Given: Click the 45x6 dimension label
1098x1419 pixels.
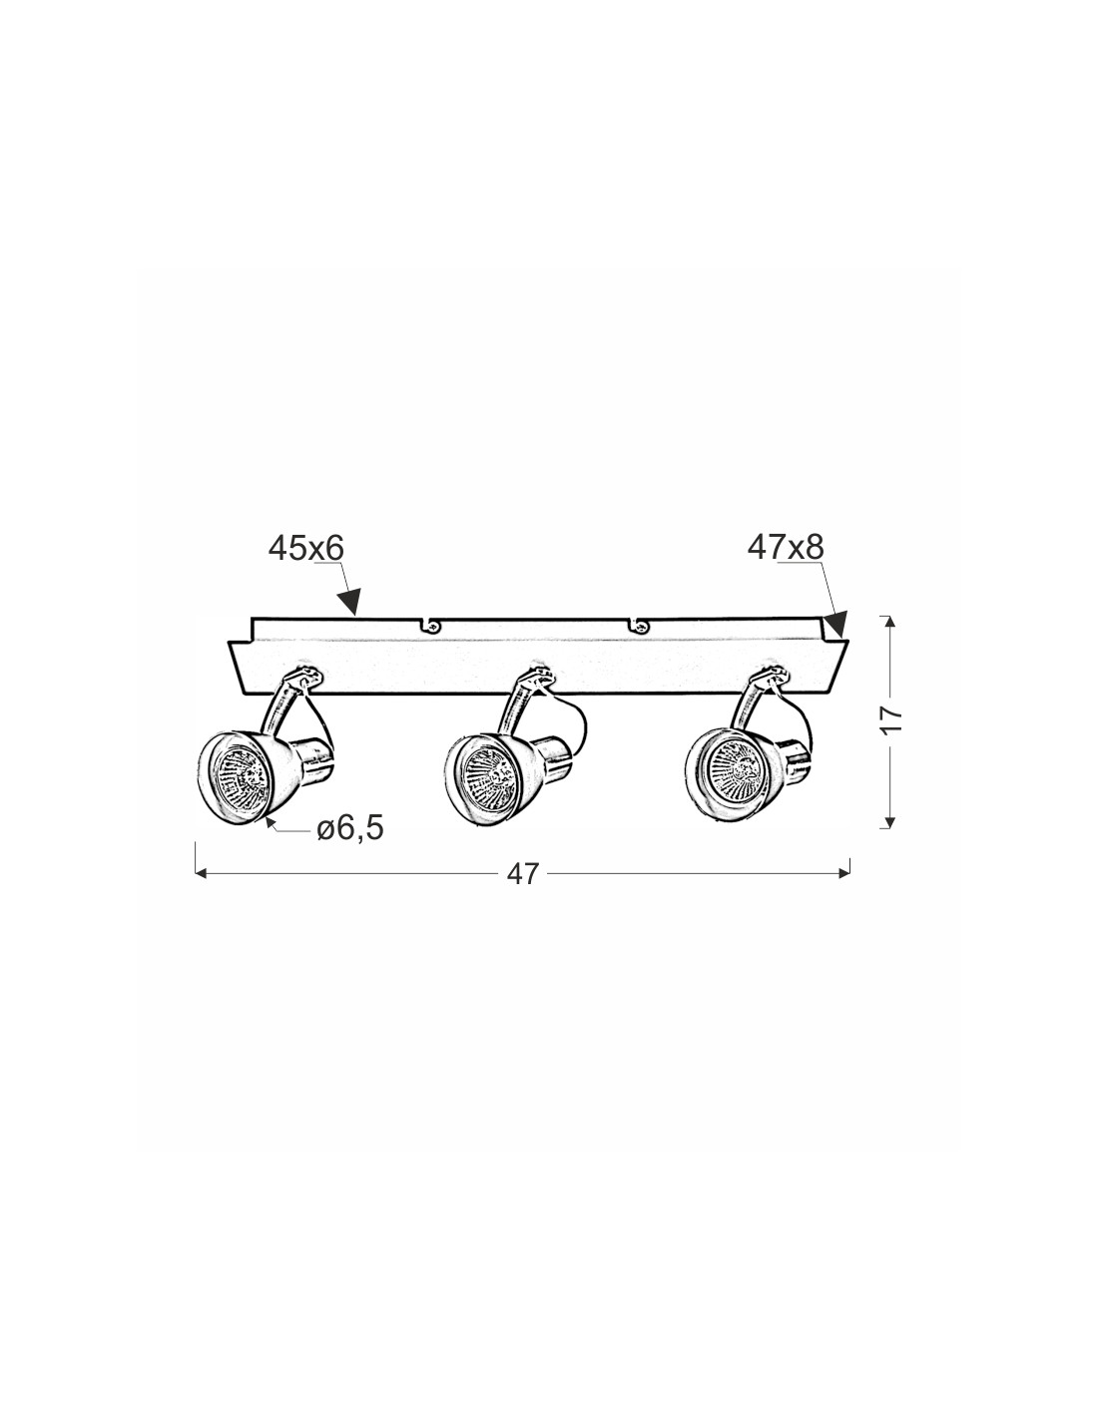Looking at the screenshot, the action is coord(305,549).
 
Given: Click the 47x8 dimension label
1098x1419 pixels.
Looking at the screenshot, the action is coord(786,548).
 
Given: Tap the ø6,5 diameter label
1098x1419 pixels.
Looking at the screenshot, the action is coord(350,828).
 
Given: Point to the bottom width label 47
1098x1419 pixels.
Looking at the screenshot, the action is coord(522,874).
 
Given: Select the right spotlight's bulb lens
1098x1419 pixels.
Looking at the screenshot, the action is coord(736,767).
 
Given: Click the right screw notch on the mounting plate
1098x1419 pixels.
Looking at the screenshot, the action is coord(638,626).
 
